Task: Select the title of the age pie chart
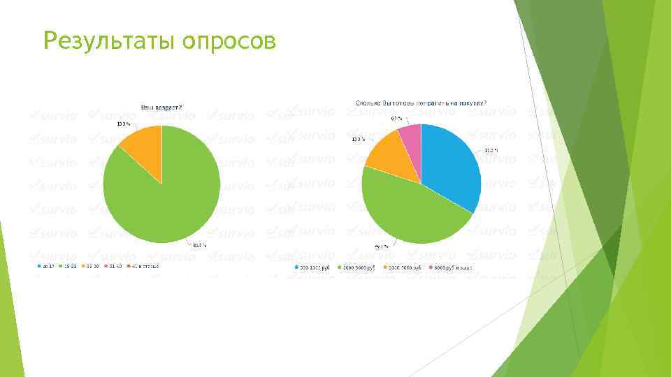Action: click(161, 108)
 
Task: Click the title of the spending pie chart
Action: click(421, 103)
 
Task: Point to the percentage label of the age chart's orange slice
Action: click(122, 124)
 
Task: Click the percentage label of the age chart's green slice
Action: click(199, 244)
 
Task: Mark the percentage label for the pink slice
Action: click(396, 118)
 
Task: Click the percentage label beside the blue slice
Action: click(491, 150)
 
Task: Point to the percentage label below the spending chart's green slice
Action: click(382, 246)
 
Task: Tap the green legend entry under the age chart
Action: click(71, 266)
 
